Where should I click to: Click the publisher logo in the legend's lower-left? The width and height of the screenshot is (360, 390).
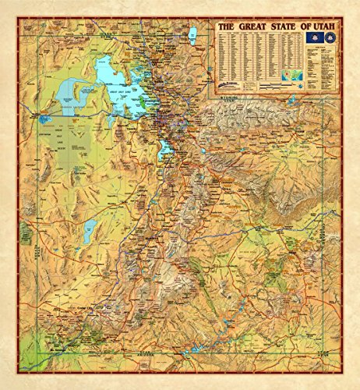231,84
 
